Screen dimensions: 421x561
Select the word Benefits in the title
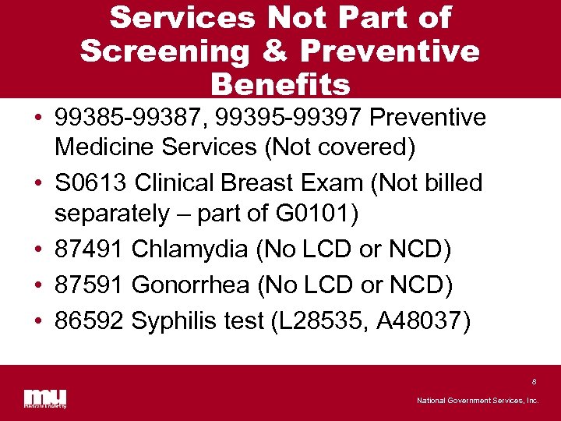point(280,83)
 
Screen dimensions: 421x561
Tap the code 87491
point(90,249)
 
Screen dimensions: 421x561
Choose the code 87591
point(90,285)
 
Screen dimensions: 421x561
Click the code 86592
point(90,320)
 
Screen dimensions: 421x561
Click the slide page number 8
point(534,382)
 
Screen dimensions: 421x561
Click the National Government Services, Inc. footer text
point(477,400)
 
